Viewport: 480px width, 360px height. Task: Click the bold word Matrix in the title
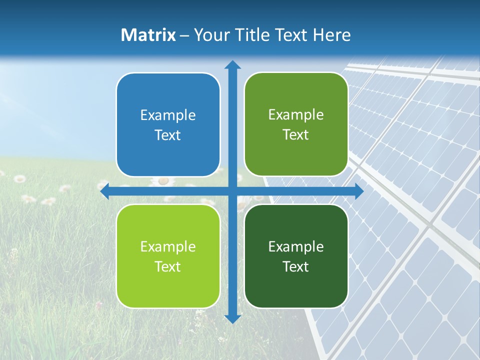148,35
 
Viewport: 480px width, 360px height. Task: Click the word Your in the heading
210,35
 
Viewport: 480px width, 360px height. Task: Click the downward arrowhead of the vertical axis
232,318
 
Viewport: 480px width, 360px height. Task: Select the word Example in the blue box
168,115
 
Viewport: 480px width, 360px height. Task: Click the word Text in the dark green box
296,267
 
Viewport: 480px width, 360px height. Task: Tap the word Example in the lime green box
168,247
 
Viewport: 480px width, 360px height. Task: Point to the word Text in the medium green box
296,135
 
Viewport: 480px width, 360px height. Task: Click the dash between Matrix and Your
184,35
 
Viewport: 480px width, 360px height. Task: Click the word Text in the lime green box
168,267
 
